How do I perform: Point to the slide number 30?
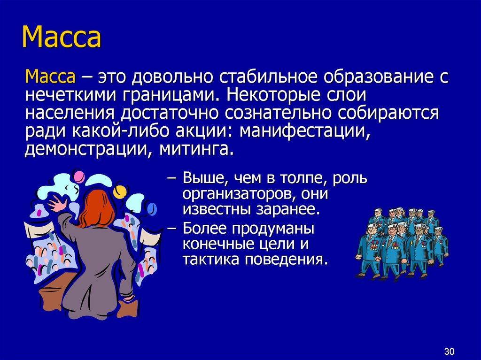coord(449,352)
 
